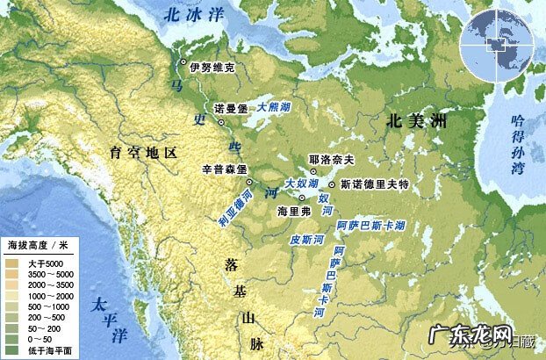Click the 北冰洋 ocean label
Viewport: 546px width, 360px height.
click(195, 15)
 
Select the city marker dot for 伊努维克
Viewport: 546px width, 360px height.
click(183, 62)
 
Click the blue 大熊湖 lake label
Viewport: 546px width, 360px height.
click(276, 106)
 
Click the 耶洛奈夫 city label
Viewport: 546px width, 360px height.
click(332, 160)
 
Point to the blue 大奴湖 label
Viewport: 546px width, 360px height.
click(301, 183)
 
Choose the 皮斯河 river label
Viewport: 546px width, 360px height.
click(307, 239)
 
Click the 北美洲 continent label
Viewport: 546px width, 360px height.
click(415, 124)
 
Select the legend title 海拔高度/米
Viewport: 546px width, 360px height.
click(40, 242)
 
